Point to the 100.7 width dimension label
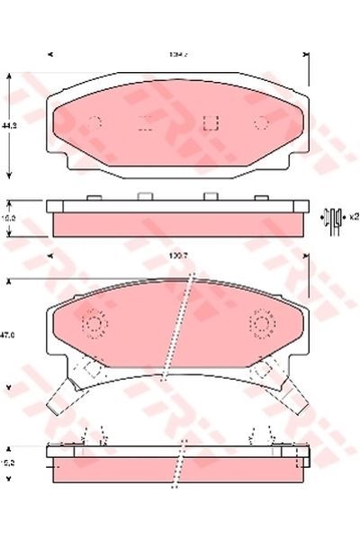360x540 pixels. click(177, 258)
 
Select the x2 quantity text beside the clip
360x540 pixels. click(354, 217)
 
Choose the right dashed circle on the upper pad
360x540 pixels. click(262, 123)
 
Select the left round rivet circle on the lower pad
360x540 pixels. click(93, 322)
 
